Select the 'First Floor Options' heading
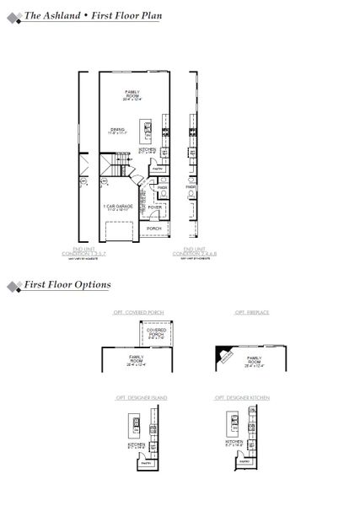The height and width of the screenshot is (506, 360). [x=67, y=285]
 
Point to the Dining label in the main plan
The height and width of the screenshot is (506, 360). [x=116, y=131]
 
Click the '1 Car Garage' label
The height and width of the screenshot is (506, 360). [x=116, y=206]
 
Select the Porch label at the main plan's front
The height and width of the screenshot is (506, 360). [x=153, y=228]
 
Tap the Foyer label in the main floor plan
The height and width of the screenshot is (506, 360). [x=154, y=206]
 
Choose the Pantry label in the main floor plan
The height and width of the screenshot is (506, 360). [x=157, y=169]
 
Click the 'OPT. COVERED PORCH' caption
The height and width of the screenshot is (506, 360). [x=139, y=313]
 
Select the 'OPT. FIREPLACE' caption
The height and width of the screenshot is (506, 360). [x=251, y=313]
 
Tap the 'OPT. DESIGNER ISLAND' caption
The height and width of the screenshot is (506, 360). [x=142, y=396]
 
